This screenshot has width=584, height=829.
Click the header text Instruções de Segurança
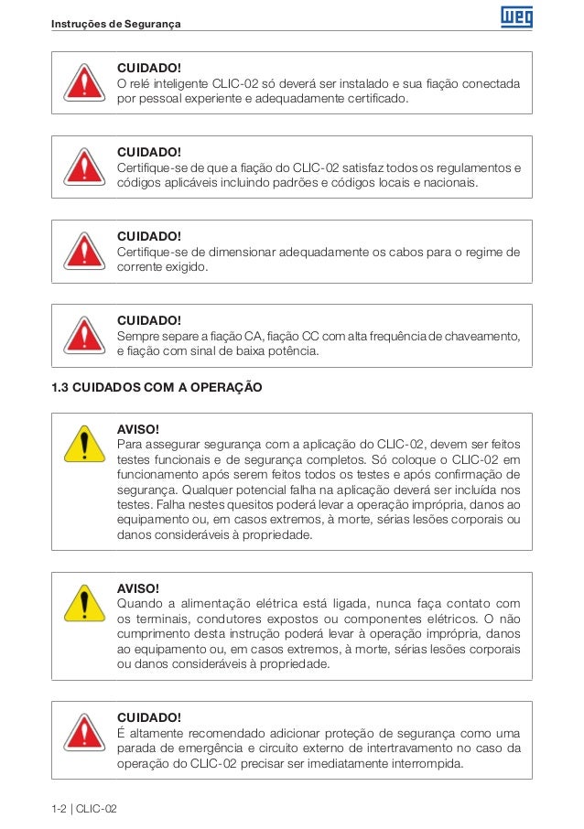[116, 23]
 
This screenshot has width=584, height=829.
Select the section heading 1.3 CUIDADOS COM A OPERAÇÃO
[157, 387]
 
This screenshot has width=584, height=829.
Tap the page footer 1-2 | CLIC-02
[84, 809]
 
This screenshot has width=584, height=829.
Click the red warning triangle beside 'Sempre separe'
[83, 334]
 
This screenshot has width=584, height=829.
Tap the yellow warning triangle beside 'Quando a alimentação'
[83, 604]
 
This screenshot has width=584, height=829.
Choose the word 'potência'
[290, 351]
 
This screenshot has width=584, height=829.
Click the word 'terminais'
[162, 619]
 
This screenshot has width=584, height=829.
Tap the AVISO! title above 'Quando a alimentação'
[138, 587]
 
